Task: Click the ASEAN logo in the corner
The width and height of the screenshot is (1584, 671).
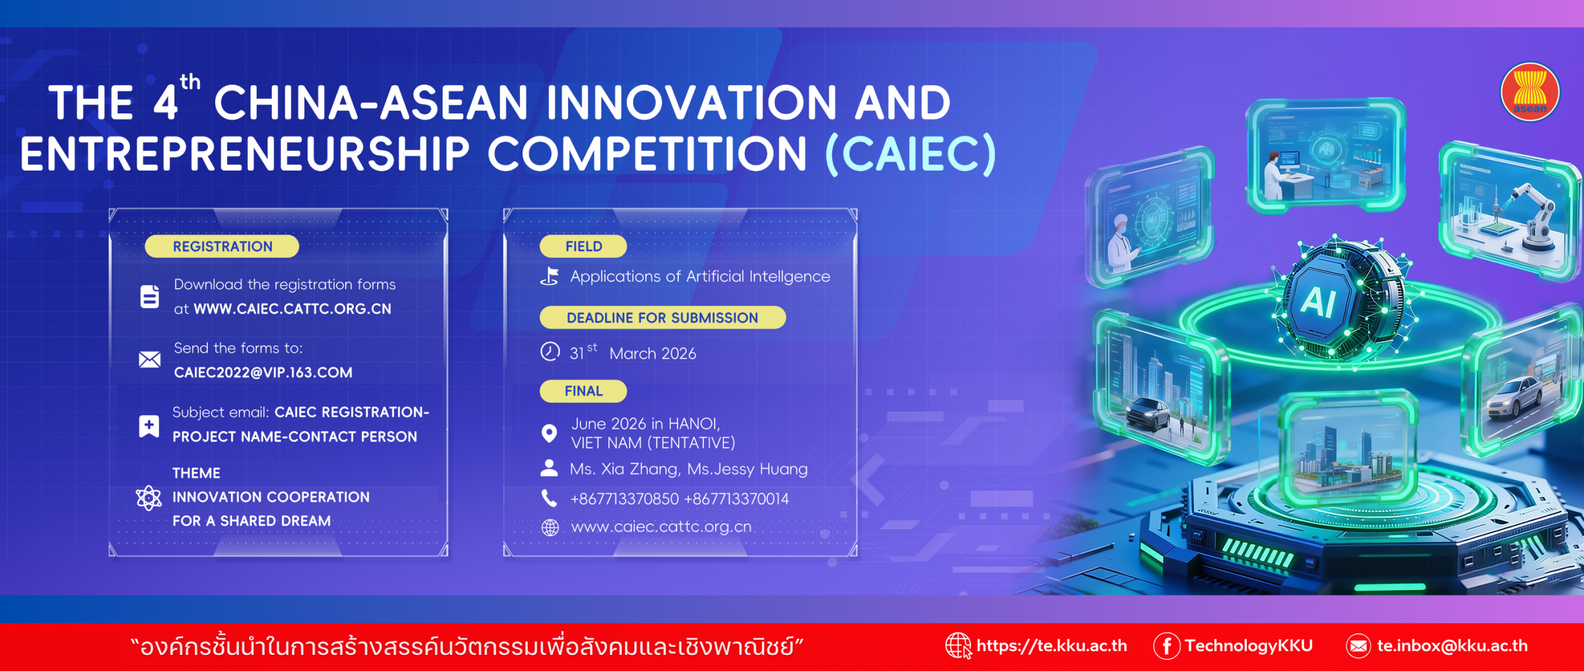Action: (1530, 92)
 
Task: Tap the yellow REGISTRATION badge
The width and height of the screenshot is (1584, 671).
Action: (222, 246)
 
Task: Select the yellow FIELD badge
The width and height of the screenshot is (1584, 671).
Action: (583, 246)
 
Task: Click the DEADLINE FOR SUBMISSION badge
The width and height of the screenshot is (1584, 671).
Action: (663, 317)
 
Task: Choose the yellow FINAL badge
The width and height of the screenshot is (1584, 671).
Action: (583, 391)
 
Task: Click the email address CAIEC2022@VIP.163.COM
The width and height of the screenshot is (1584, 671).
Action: (263, 372)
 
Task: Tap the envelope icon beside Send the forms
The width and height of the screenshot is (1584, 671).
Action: (150, 359)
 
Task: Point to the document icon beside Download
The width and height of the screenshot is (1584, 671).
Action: (150, 296)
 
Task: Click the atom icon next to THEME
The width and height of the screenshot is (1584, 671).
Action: (148, 497)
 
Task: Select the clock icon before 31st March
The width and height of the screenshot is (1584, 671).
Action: (550, 351)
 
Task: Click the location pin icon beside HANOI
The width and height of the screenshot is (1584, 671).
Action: (549, 434)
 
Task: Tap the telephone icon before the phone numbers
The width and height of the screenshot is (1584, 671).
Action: (549, 498)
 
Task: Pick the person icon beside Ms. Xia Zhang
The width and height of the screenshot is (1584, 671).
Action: (549, 468)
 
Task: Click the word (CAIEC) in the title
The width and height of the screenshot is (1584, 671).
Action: (911, 154)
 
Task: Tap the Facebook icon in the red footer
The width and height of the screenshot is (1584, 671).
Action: (1166, 646)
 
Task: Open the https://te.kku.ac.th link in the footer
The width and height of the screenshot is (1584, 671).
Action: (1051, 646)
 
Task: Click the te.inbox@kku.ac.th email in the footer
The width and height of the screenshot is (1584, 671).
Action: (1452, 646)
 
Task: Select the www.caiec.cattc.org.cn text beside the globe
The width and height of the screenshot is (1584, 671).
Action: (661, 527)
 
